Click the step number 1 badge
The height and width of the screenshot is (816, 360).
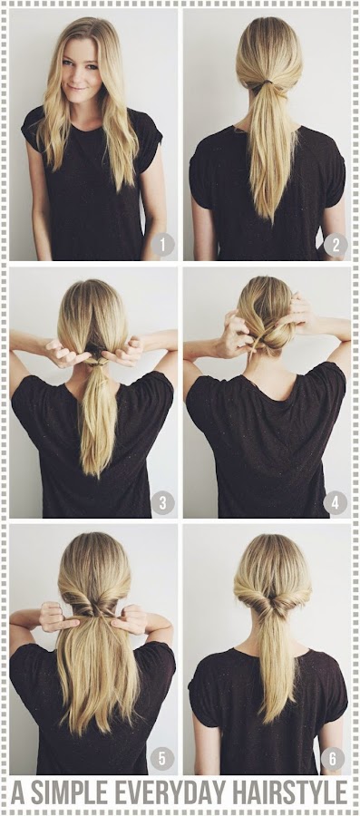point(162,245)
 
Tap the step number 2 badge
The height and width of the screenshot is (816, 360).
point(336,245)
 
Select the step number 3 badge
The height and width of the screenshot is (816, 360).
point(162,503)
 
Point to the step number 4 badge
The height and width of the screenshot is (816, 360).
point(335,503)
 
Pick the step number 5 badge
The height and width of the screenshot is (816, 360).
point(162,758)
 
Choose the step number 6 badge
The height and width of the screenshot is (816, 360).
point(333,758)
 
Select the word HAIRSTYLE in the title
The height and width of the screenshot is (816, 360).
point(288,792)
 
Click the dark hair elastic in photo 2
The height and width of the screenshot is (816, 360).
point(268,82)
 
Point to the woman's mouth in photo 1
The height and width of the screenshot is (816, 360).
point(76,87)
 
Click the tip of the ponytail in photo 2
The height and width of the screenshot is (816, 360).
point(270,219)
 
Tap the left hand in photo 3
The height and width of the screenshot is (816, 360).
point(63,353)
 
